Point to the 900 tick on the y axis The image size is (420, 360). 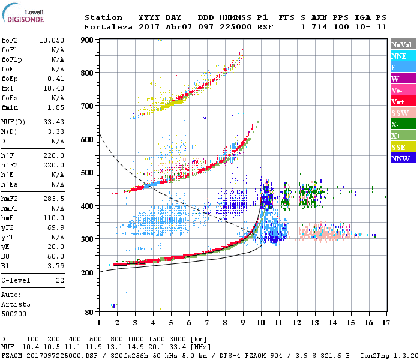click(89, 40)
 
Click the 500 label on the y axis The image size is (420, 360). click(89, 172)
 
